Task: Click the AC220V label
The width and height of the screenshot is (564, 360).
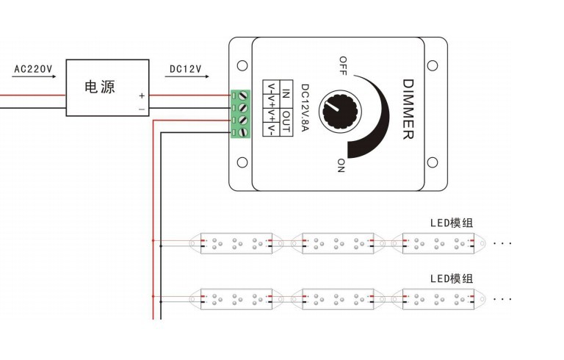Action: [33, 69]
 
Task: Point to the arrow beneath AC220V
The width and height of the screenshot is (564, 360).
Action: [34, 79]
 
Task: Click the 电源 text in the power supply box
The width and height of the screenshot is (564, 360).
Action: [100, 87]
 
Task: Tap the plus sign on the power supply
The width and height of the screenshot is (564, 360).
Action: [142, 96]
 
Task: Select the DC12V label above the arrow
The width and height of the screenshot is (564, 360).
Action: [185, 69]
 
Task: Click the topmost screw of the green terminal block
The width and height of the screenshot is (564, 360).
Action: [241, 96]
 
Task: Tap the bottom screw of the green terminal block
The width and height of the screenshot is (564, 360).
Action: [241, 132]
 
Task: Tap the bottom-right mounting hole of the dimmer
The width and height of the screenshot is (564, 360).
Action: [432, 162]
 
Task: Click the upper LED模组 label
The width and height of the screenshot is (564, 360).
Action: [452, 222]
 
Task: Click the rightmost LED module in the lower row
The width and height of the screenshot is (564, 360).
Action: [438, 298]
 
